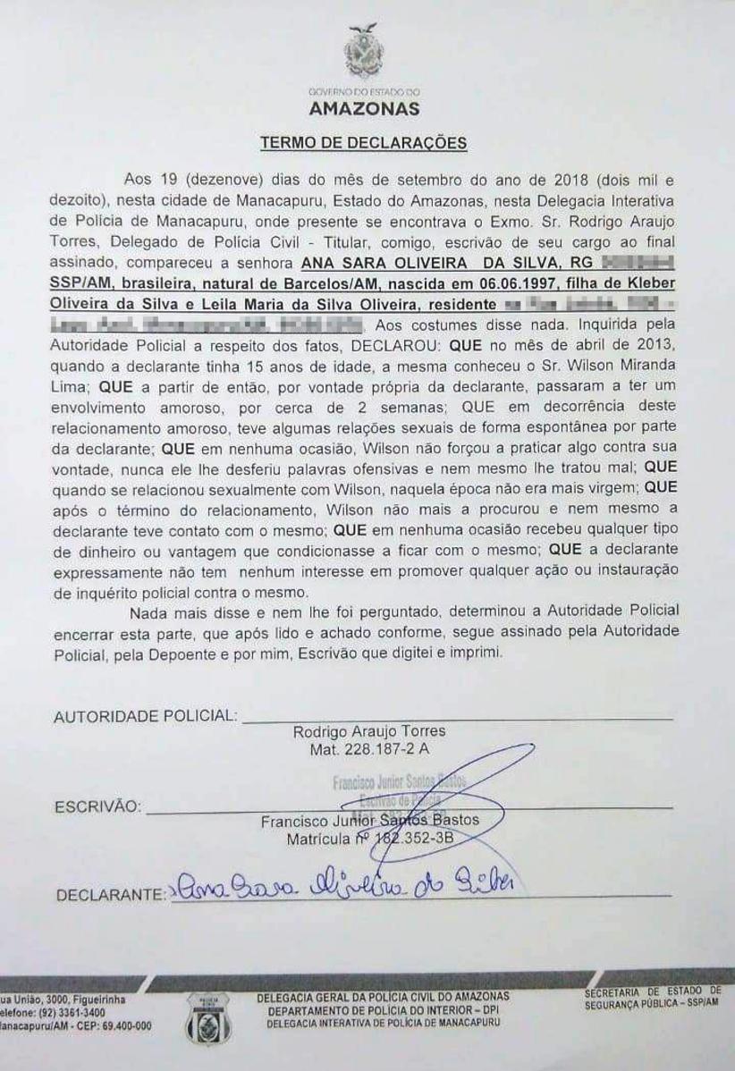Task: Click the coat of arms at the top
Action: coord(364,54)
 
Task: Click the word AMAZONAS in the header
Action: coord(364,110)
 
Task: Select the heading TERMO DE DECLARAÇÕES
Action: coord(363,143)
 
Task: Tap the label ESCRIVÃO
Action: coord(97,806)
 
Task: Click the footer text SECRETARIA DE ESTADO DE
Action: coord(653,991)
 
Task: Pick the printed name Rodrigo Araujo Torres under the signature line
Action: coord(369,731)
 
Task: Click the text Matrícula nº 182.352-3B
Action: coord(369,840)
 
